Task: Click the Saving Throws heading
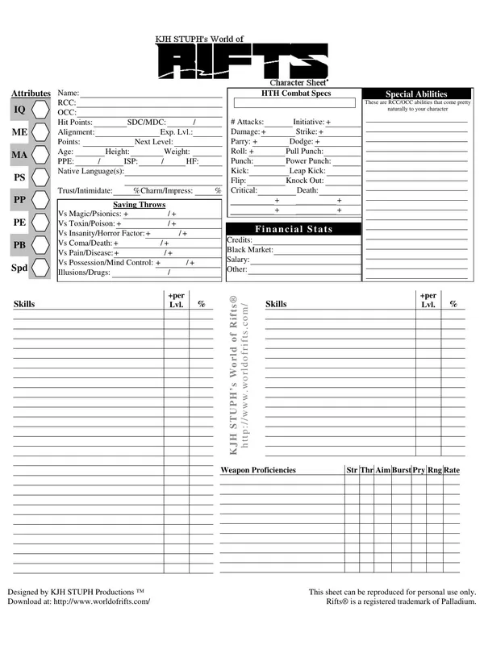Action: coord(139,205)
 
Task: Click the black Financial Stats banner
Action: coord(294,229)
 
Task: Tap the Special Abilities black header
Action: coord(416,94)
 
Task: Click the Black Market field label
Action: coord(250,250)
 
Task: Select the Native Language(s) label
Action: coord(90,171)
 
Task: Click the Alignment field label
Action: coord(76,132)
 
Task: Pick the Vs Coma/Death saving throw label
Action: coord(85,243)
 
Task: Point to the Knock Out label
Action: coord(305,181)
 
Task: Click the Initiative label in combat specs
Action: coord(308,122)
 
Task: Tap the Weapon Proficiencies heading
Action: coord(258,470)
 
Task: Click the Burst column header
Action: coord(401,470)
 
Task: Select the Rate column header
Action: coord(452,470)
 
